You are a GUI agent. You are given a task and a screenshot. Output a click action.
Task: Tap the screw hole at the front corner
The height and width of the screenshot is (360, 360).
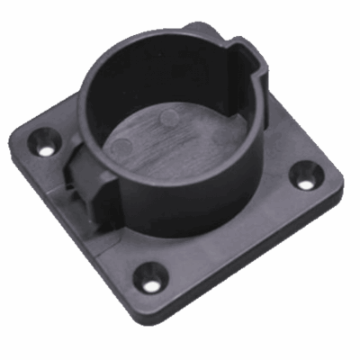click(x=149, y=281)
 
